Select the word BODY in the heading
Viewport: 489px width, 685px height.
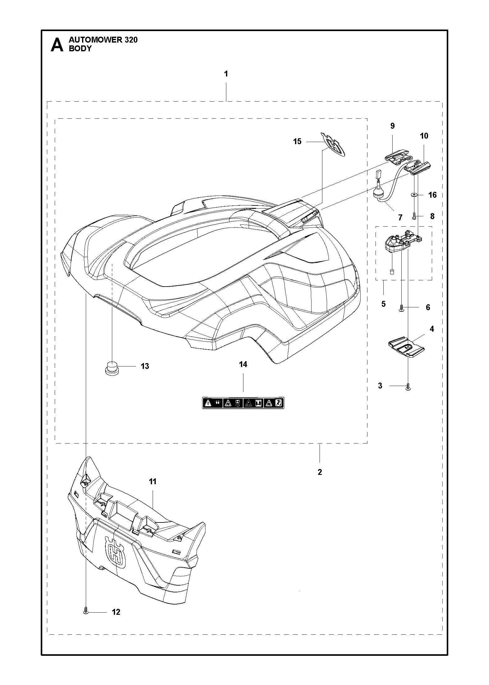coord(80,48)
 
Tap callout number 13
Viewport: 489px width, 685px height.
coord(145,366)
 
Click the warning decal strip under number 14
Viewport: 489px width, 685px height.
coord(243,403)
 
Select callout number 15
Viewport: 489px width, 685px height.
coord(297,142)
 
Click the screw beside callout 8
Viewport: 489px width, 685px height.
coord(414,217)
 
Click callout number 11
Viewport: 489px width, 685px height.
coord(153,482)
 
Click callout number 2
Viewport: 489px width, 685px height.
coord(320,472)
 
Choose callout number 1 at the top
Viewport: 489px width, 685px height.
coord(226,74)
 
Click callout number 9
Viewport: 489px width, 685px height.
coord(392,126)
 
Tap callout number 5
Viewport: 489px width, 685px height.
coord(383,304)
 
